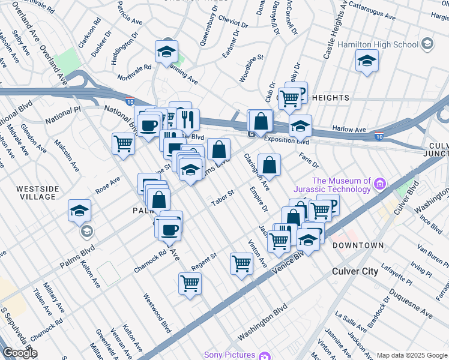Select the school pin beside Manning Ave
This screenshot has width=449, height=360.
coord(166,52)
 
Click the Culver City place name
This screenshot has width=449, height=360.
coord(355,271)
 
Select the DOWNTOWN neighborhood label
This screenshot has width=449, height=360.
coord(358,245)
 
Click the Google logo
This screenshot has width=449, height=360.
coord(19,353)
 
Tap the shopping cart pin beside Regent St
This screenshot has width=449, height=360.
coord(241,263)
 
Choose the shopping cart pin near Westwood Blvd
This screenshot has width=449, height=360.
coord(190,283)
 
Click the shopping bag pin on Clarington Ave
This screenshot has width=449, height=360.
coord(270,164)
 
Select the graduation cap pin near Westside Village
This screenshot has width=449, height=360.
coord(79,211)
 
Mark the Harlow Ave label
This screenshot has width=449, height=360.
coord(350,130)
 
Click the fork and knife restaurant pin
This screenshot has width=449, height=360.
coord(188,120)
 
